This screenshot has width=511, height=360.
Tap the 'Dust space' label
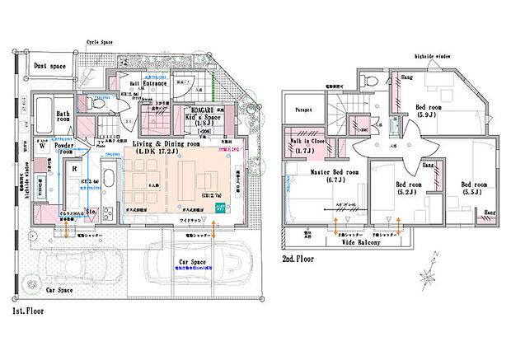(49, 65)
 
